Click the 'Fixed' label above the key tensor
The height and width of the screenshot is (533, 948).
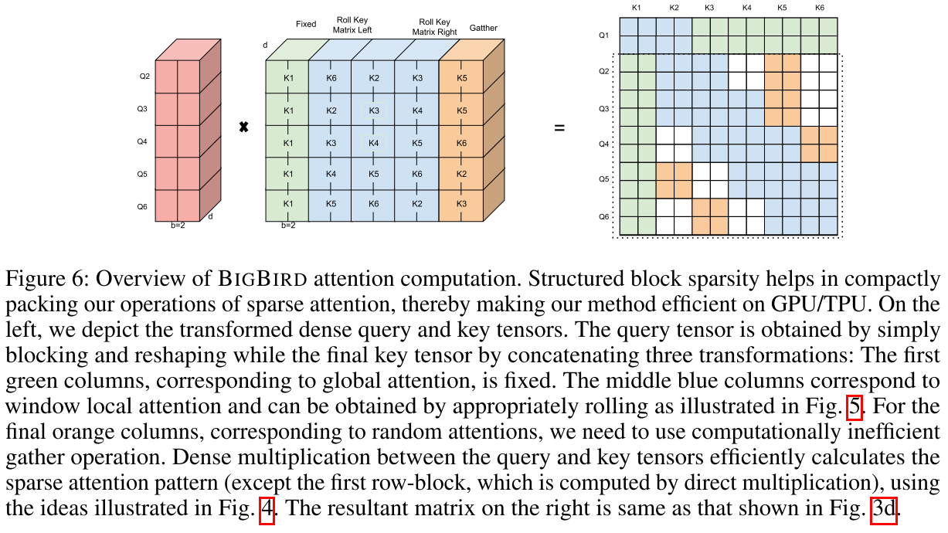[306, 24]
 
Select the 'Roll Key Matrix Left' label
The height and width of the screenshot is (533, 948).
[352, 25]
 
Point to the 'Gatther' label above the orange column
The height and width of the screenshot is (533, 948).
[484, 29]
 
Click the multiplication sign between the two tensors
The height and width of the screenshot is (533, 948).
[243, 127]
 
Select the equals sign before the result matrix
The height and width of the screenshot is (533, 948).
[559, 127]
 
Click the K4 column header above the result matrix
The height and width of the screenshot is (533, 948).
[746, 8]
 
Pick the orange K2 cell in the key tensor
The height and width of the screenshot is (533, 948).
[462, 175]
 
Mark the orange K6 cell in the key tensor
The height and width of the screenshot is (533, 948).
[462, 143]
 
